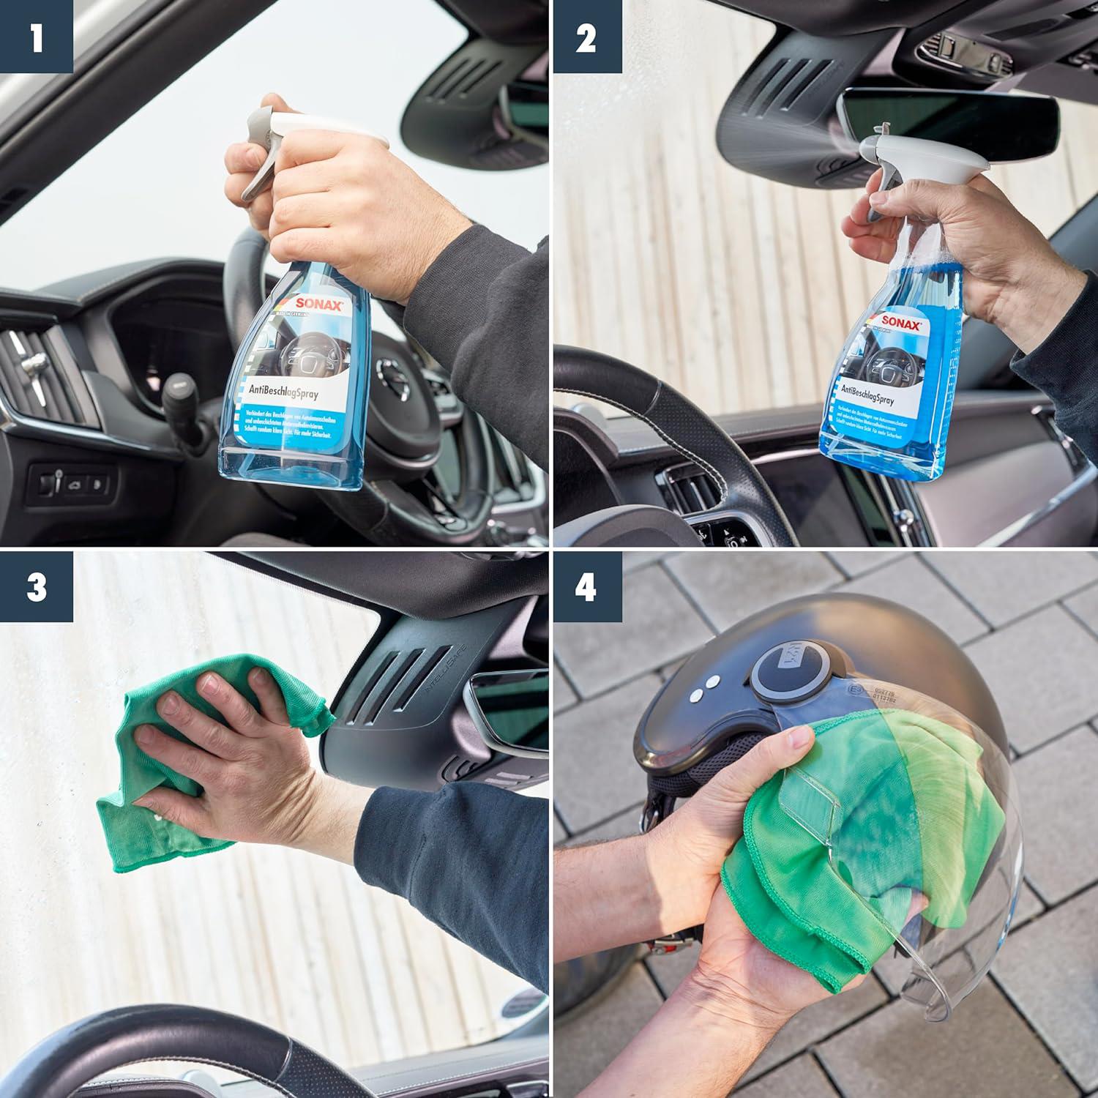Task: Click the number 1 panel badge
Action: click(36, 36)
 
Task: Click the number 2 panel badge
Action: click(586, 36)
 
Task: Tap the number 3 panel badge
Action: click(36, 587)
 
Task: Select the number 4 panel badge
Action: click(586, 587)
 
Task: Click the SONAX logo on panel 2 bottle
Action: click(900, 323)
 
